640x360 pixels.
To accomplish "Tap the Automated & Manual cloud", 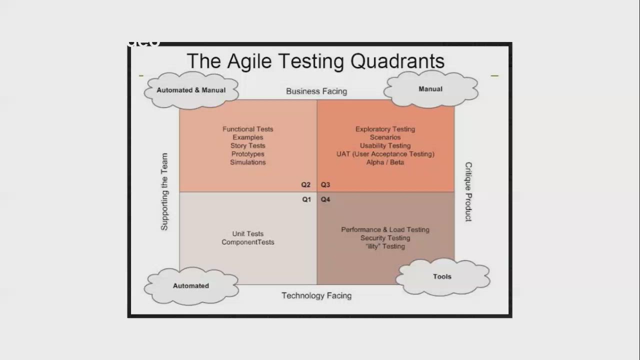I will pyautogui.click(x=191, y=90).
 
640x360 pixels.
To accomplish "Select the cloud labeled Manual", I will pyautogui.click(x=430, y=89).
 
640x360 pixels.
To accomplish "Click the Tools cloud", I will pyautogui.click(x=442, y=276).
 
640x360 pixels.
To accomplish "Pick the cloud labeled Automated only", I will pyautogui.click(x=190, y=286).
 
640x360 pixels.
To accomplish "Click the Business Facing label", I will pyautogui.click(x=316, y=91).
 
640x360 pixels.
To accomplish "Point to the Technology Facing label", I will pyautogui.click(x=316, y=295).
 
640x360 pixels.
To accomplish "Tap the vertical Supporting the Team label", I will pyautogui.click(x=164, y=192).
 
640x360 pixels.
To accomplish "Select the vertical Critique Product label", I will pyautogui.click(x=468, y=192).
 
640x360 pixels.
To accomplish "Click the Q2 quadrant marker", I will pyautogui.click(x=305, y=185).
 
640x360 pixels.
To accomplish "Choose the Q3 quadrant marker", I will pyautogui.click(x=325, y=185).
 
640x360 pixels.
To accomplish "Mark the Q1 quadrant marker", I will pyautogui.click(x=306, y=199).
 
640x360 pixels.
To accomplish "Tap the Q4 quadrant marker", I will pyautogui.click(x=325, y=199).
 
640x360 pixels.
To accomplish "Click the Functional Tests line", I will pyautogui.click(x=248, y=129).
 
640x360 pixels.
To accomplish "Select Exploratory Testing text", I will pyautogui.click(x=385, y=129).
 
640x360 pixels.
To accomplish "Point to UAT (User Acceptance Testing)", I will pyautogui.click(x=385, y=154).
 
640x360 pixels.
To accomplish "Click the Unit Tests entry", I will pyautogui.click(x=248, y=233).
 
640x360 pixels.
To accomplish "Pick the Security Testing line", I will pyautogui.click(x=385, y=238).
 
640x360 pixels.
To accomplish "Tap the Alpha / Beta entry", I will pyautogui.click(x=385, y=162).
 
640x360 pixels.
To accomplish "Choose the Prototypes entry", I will pyautogui.click(x=248, y=154).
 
